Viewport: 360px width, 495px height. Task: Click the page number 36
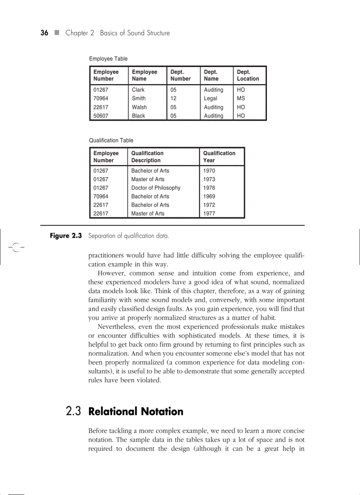click(44, 33)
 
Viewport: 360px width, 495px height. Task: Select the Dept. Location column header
click(248, 75)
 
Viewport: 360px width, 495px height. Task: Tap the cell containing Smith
click(139, 98)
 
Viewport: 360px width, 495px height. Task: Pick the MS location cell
click(241, 98)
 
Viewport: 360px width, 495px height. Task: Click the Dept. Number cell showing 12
click(173, 98)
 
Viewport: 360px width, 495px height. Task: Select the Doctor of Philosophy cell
click(156, 188)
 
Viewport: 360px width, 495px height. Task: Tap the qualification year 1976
click(209, 188)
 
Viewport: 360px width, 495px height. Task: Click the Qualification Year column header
click(219, 156)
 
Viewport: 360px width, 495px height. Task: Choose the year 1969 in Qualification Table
click(209, 196)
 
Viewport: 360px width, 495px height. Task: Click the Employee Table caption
click(108, 59)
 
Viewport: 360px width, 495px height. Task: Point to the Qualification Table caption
click(111, 141)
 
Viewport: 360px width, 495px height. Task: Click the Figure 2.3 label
click(66, 236)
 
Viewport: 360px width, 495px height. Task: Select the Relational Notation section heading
click(136, 412)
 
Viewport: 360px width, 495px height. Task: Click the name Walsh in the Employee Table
click(139, 107)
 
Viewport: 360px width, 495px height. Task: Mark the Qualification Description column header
click(147, 156)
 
